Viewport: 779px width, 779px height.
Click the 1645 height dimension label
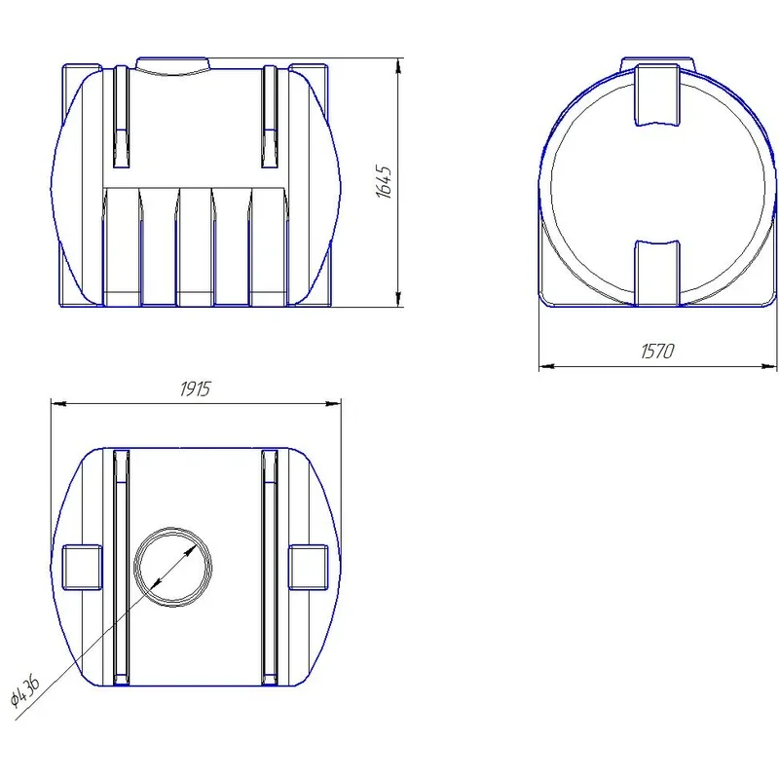pyautogui.click(x=384, y=182)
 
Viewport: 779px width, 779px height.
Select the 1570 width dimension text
pyautogui.click(x=656, y=352)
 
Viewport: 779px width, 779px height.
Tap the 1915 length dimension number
pyautogui.click(x=196, y=389)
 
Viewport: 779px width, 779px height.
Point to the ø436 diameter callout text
pyautogui.click(x=26, y=690)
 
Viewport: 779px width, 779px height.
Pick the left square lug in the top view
pyautogui.click(x=82, y=567)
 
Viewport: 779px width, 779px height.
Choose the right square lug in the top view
pyautogui.click(x=308, y=567)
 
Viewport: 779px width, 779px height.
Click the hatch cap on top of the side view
pyautogui.click(x=173, y=66)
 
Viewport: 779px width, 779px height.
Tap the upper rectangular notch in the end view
pyautogui.click(x=657, y=94)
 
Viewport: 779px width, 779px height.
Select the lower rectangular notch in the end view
pyautogui.click(x=657, y=273)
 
